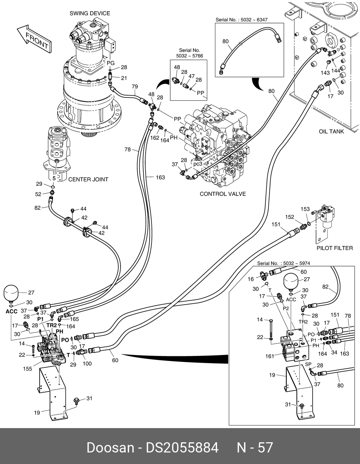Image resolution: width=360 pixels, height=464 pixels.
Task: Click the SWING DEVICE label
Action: point(90,14)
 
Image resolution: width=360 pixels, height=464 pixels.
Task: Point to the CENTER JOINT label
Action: point(88,179)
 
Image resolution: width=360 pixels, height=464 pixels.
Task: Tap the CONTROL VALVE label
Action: point(223,194)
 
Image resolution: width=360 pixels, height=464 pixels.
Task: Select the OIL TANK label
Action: point(331,131)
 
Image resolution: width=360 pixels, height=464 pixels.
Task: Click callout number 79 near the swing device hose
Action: point(135,87)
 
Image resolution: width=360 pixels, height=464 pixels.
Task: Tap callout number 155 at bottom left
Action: point(28,368)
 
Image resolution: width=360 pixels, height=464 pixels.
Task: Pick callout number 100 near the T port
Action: point(87,364)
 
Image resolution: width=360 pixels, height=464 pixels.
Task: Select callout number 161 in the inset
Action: point(270,356)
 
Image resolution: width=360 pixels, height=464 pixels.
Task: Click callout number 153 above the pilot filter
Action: point(305,209)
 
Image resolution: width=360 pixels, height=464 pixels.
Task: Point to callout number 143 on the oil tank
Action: point(325,72)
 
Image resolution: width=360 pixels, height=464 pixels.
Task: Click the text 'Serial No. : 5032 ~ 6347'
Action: point(241,20)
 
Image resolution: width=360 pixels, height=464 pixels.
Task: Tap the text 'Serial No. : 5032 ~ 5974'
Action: point(283,263)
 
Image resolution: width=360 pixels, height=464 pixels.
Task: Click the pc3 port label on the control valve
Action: point(198,164)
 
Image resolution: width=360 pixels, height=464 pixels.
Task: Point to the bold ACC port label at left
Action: point(12,311)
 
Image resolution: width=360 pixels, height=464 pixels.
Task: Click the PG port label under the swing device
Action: point(111,63)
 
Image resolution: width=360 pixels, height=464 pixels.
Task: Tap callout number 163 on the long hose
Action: point(160,177)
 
